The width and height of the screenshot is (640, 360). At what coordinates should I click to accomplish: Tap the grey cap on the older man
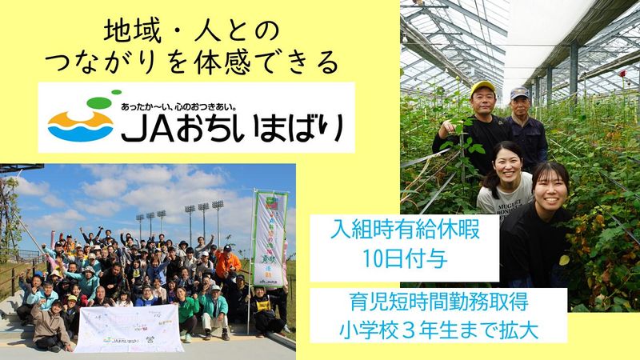coord(519,93)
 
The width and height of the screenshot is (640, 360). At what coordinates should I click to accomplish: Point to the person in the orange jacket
coord(227,261)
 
